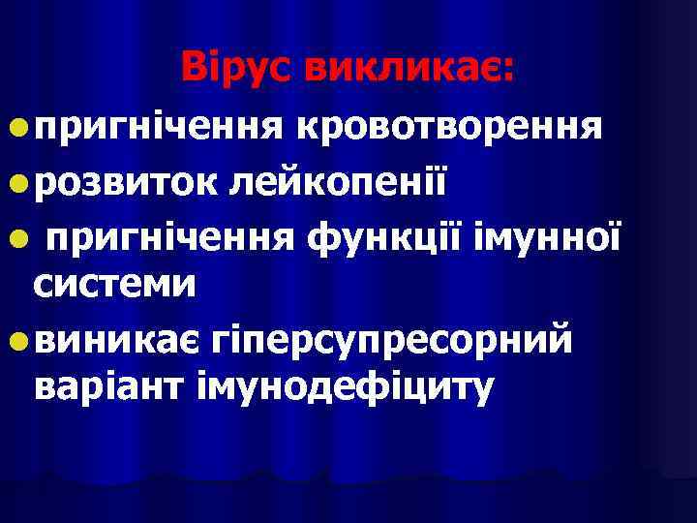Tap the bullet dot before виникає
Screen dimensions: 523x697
[x=19, y=340]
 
